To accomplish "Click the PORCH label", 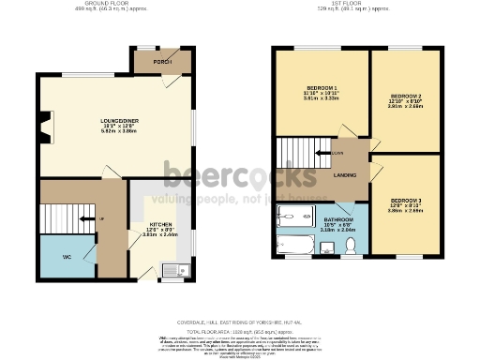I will point(163,64).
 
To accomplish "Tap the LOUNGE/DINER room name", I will point(119,121).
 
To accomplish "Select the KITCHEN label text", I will point(160,225).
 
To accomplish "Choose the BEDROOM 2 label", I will point(405,96).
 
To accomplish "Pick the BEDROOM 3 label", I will point(405,201).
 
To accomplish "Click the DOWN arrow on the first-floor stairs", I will point(323,150).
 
